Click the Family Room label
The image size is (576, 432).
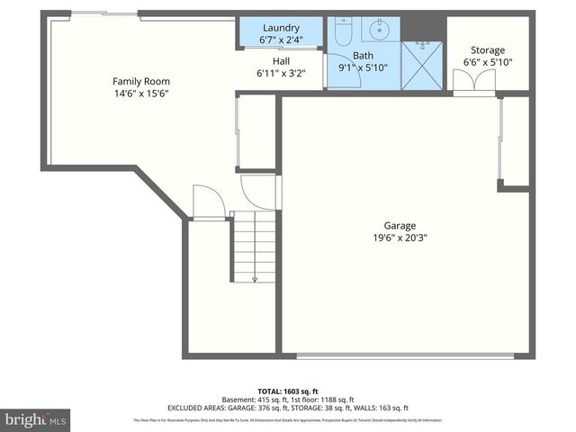click(141, 81)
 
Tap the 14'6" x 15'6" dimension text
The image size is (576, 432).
click(141, 94)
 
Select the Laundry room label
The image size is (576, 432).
click(281, 28)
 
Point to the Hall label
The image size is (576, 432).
click(281, 61)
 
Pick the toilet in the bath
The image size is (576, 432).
click(343, 32)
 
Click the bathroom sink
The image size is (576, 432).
click(377, 30)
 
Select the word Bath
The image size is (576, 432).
click(350, 54)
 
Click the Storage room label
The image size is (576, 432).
click(488, 50)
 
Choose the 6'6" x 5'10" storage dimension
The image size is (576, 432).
click(488, 63)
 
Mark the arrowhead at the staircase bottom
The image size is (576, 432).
click(255, 279)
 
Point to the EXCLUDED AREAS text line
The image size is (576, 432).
click(287, 408)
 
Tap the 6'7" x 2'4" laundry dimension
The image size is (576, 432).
click(281, 40)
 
